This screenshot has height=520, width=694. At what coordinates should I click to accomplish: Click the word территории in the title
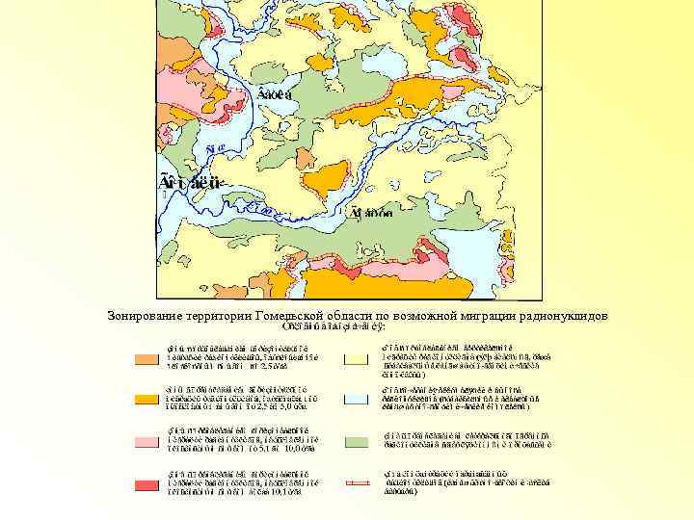point(223,316)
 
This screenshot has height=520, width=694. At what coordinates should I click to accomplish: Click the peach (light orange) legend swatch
point(147,359)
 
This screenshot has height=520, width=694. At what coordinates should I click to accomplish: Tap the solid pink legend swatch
point(147,442)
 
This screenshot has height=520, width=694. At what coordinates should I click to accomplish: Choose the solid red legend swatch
point(147,484)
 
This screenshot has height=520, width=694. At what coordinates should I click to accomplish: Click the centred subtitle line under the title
point(333,327)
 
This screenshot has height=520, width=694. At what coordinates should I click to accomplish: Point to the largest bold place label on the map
point(192,181)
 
